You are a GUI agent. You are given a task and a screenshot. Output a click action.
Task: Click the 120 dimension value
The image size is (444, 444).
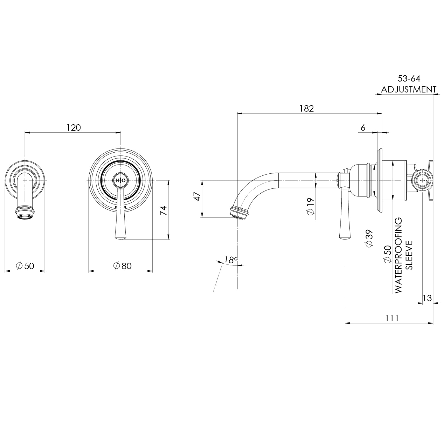[x=74, y=128]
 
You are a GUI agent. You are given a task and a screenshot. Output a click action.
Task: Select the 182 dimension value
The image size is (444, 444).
[x=306, y=108]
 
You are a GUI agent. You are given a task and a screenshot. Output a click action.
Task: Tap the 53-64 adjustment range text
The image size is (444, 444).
[x=409, y=79]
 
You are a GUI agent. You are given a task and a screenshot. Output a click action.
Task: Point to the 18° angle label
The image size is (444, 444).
[x=231, y=260]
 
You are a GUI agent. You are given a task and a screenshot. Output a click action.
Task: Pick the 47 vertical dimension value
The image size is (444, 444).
[x=197, y=197]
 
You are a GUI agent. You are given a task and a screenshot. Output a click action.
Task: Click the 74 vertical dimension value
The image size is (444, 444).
[x=163, y=210]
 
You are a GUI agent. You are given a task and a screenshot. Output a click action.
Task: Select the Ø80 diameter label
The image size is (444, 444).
[x=122, y=266]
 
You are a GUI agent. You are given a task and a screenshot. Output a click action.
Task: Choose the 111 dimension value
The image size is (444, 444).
[x=392, y=318]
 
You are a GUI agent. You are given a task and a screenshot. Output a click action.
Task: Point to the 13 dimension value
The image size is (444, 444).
[x=427, y=298]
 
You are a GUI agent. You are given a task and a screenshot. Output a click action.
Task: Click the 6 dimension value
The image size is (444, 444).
[x=363, y=128]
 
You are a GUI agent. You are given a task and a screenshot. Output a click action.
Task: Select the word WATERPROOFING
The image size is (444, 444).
[x=398, y=255]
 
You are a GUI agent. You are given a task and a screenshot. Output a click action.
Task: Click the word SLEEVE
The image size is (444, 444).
[x=409, y=255]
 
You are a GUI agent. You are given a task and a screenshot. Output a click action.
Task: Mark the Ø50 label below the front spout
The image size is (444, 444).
[x=25, y=266]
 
